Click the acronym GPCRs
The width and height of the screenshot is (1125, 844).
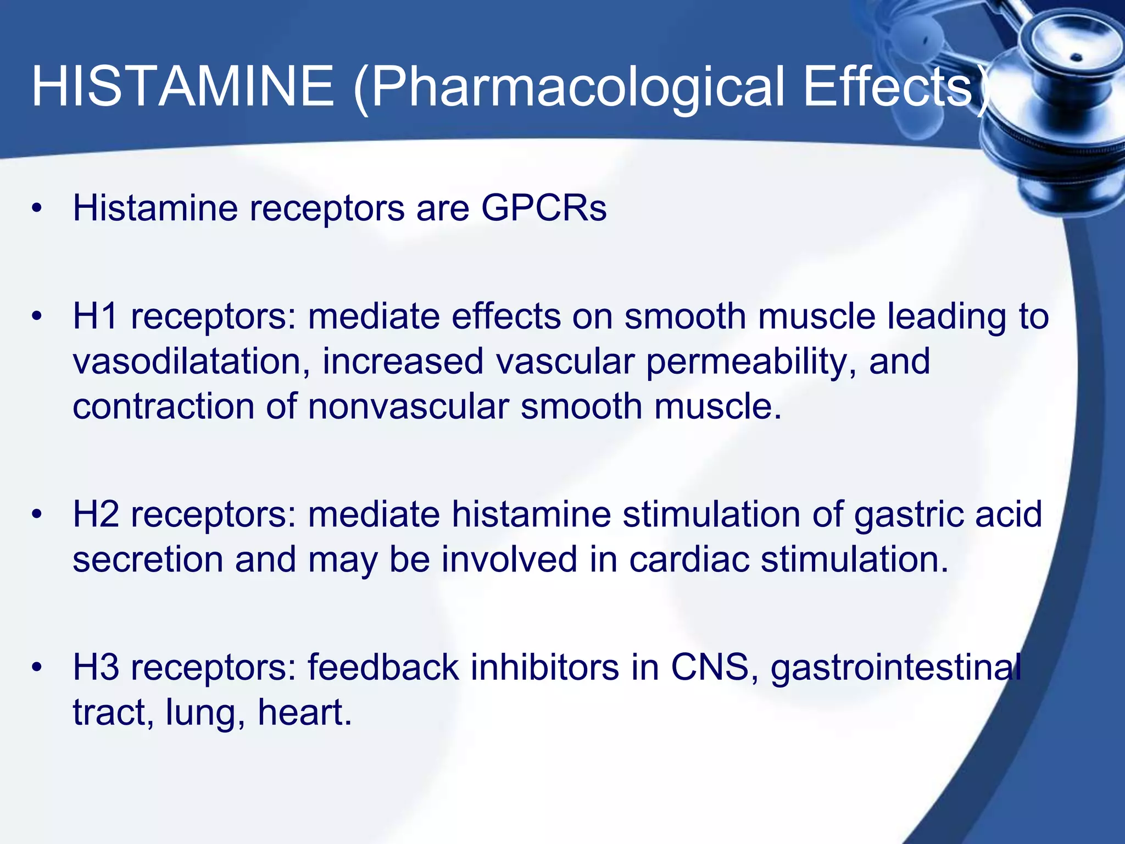coord(544,208)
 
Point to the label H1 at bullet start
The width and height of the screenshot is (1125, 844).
coord(95,316)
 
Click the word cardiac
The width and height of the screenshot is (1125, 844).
coord(689,559)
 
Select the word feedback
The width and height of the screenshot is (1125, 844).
coord(383,667)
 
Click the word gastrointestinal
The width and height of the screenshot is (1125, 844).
coord(895,668)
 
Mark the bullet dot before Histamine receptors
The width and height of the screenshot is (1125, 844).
coord(37,209)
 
